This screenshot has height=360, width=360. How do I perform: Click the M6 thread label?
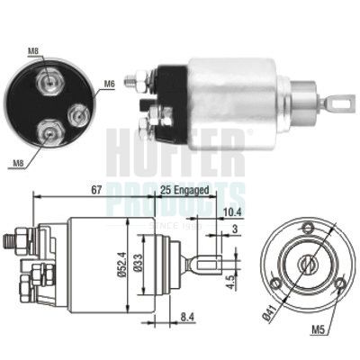click(109, 85)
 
